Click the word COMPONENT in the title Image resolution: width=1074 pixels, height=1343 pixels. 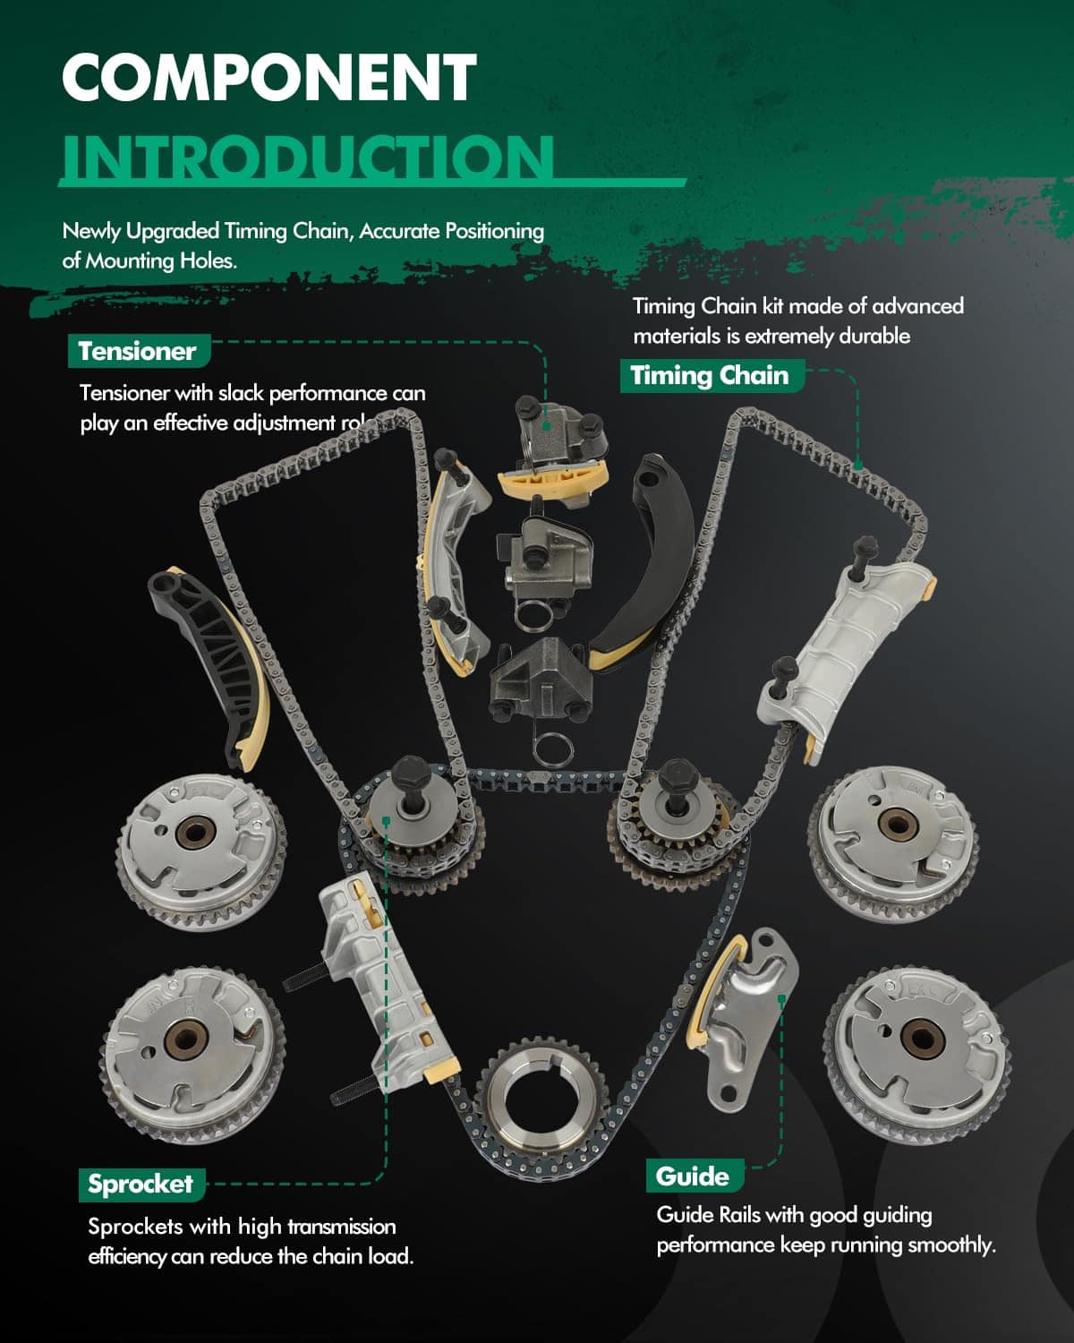click(268, 78)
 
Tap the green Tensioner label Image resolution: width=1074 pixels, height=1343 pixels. click(137, 351)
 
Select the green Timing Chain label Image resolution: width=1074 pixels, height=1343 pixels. click(710, 375)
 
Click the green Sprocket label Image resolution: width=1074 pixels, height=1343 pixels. click(141, 1184)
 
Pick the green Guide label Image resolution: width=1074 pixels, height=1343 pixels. click(692, 1176)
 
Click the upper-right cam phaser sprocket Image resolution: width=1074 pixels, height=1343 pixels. click(892, 834)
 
